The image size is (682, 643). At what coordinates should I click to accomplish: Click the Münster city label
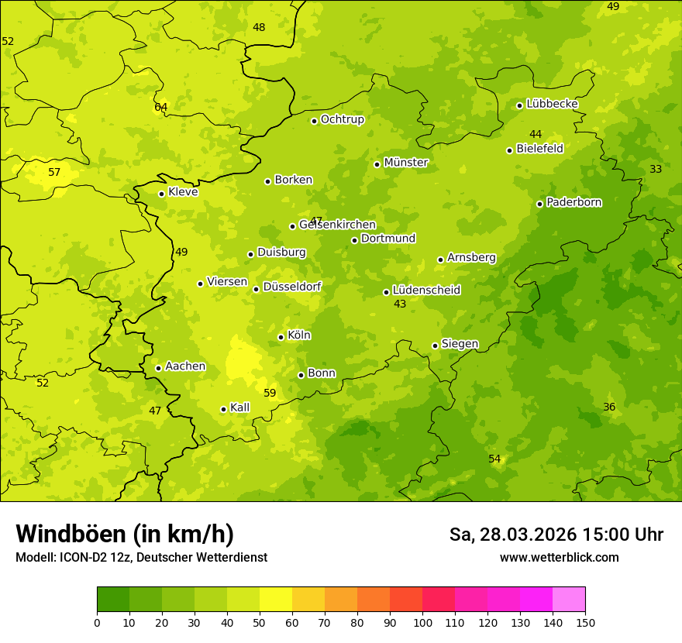(405, 163)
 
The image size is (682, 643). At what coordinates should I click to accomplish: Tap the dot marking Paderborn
(539, 204)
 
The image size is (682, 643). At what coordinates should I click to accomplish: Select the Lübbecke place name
(552, 104)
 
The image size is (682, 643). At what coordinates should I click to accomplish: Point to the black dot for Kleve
(161, 194)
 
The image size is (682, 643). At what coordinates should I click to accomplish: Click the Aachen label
(185, 366)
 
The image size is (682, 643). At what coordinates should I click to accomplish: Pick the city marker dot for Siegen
(435, 346)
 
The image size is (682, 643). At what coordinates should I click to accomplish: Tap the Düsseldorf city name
(291, 287)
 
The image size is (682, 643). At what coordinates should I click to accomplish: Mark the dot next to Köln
(281, 337)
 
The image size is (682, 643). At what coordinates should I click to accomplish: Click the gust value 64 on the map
(160, 107)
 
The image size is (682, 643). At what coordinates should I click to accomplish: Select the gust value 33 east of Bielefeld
(656, 169)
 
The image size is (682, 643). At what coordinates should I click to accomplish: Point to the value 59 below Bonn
(270, 393)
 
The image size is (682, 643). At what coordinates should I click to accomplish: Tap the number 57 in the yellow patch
(54, 172)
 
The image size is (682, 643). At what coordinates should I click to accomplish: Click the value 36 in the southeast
(609, 407)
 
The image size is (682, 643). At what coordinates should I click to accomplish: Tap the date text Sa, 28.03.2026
(513, 535)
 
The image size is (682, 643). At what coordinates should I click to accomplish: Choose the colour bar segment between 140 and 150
(569, 600)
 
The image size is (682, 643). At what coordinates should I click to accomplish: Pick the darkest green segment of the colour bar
(113, 600)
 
